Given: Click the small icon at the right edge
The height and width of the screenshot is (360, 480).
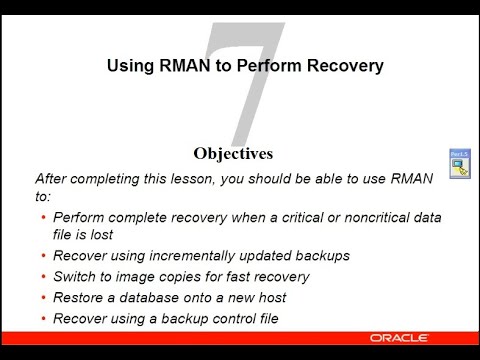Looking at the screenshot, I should click(x=459, y=163).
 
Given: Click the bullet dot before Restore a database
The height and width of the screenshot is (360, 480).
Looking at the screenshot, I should click(x=43, y=298).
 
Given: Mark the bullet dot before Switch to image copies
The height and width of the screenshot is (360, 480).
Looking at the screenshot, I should click(x=43, y=277).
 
